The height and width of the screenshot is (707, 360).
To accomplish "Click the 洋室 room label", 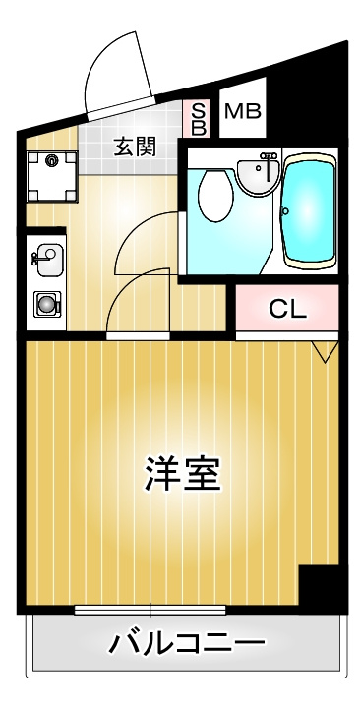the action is point(183,474).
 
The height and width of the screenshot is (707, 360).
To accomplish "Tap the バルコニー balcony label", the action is point(186,643).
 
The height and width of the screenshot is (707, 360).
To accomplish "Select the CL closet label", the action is point(287,309).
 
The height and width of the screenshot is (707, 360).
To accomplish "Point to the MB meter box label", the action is point(243,111).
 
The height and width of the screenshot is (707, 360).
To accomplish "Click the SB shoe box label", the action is point(199,120).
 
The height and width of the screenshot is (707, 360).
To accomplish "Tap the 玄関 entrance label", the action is point(135,147).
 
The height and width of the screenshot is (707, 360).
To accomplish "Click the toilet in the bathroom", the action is point(215,196).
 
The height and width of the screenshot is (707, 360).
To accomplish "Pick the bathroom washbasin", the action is point(257,177).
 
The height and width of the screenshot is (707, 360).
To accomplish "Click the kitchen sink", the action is point(49,261).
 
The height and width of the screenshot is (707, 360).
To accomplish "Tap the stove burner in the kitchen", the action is point(47,305).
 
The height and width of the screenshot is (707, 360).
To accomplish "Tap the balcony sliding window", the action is point(150,610).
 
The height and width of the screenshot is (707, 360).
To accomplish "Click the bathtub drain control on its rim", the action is point(285,211).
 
